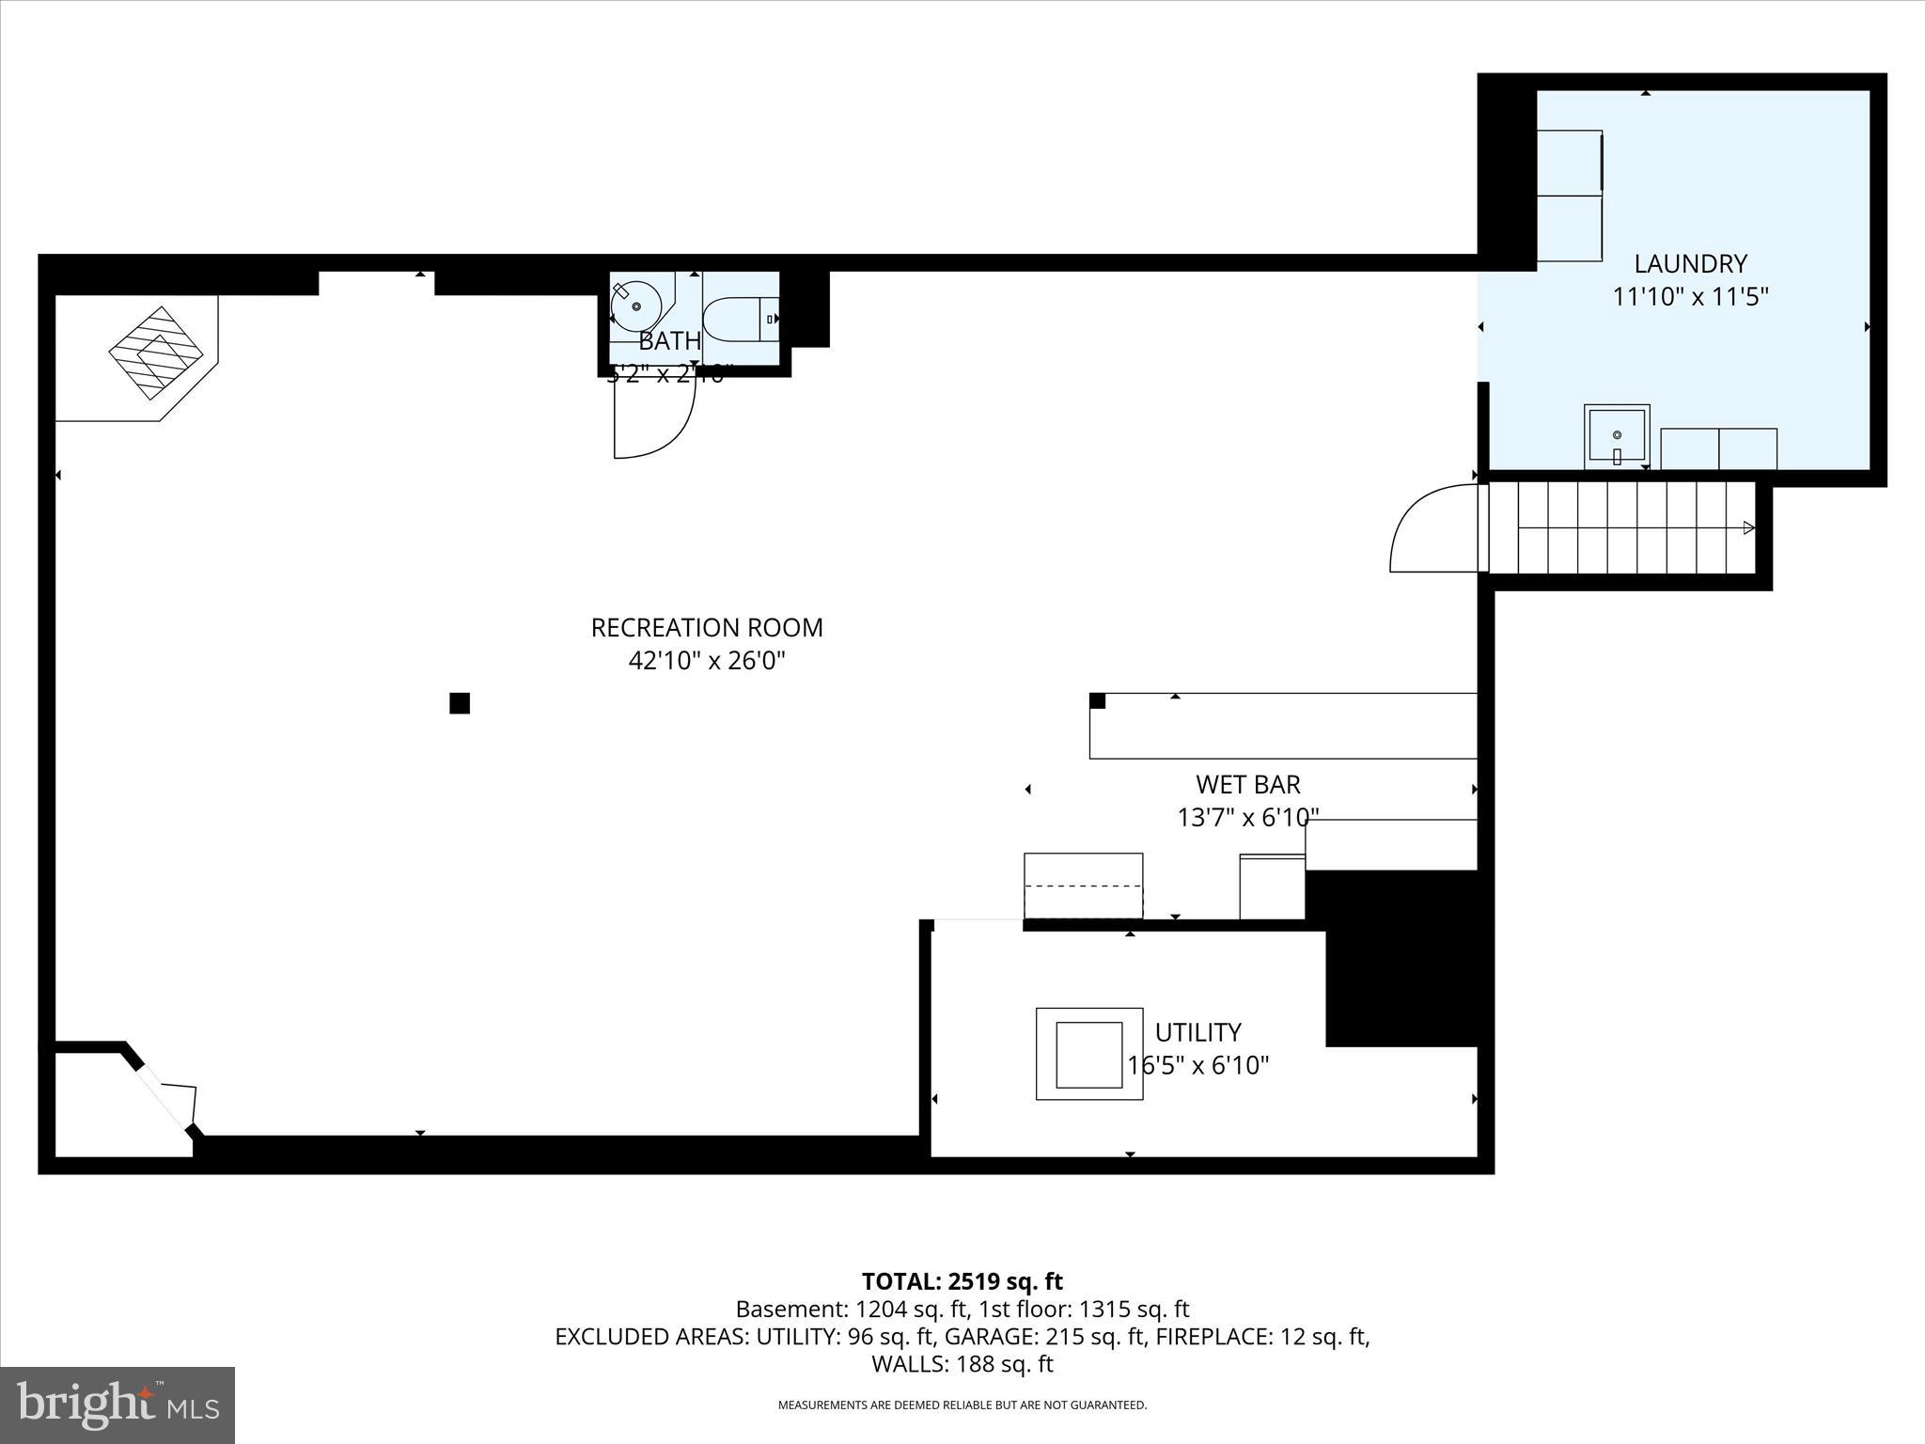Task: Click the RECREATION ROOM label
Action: [706, 627]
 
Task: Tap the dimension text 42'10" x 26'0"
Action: [706, 661]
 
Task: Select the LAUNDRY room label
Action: [1690, 263]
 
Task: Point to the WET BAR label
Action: [1247, 784]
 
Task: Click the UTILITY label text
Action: [1197, 1032]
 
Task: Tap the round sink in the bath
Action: [634, 306]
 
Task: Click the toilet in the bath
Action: [738, 320]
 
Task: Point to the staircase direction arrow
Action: [1748, 527]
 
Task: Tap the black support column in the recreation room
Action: [459, 703]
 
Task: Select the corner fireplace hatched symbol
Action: [155, 353]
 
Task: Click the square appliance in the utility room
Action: [1088, 1053]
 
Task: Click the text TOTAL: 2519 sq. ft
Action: [962, 1281]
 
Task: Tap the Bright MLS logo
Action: [117, 1405]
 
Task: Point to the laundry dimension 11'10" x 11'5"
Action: [1690, 297]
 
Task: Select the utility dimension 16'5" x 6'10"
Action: [1197, 1065]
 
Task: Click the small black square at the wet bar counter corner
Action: [1097, 700]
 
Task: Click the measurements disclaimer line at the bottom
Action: [962, 1405]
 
